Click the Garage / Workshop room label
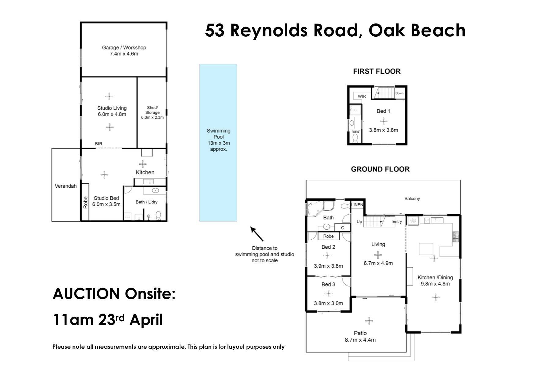tap(124, 48)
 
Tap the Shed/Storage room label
tap(152, 110)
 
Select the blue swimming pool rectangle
tap(218, 142)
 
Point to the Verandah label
tap(66, 186)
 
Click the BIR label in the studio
tap(99, 144)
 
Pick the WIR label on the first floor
tap(362, 96)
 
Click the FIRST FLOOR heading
tap(377, 71)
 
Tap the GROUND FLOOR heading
tap(380, 169)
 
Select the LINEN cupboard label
tap(357, 205)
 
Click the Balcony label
tap(412, 199)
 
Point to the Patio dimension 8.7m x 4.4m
tap(360, 340)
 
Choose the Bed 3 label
tap(328, 285)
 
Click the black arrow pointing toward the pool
tap(257, 234)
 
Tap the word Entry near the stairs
tap(397, 222)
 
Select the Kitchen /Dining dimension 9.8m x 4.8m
tap(435, 284)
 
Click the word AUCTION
tap(86, 294)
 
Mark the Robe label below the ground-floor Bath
tap(329, 236)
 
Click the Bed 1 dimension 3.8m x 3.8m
tap(384, 130)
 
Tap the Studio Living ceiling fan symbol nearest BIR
tap(110, 127)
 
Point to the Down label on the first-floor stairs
tap(400, 93)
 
